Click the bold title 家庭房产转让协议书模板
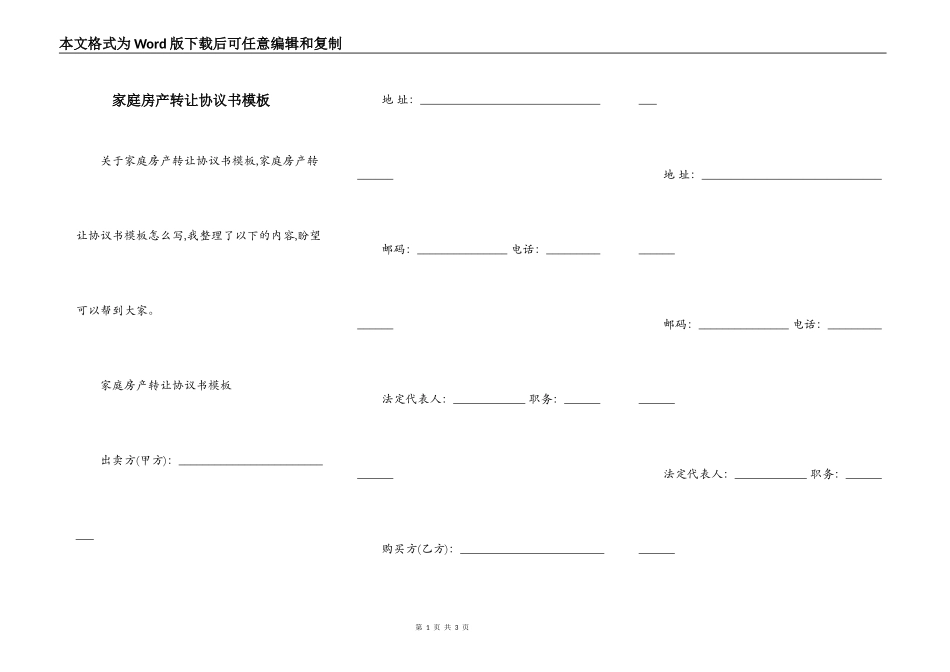pos(191,101)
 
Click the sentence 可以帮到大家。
pos(116,310)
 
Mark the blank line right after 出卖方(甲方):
pos(250,463)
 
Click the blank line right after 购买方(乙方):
pos(531,552)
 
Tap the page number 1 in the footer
pos(427,627)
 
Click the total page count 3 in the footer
pos(456,627)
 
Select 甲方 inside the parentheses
pos(152,460)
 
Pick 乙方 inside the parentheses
pos(433,549)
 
